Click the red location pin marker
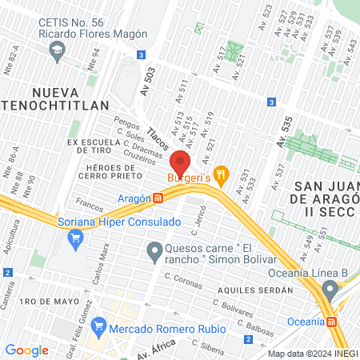point(180,159)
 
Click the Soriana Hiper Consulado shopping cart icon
point(76,237)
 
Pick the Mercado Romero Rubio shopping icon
point(99,326)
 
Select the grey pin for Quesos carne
point(154,254)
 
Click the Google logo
point(26,350)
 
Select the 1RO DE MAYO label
point(50,302)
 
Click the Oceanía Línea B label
point(320,276)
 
